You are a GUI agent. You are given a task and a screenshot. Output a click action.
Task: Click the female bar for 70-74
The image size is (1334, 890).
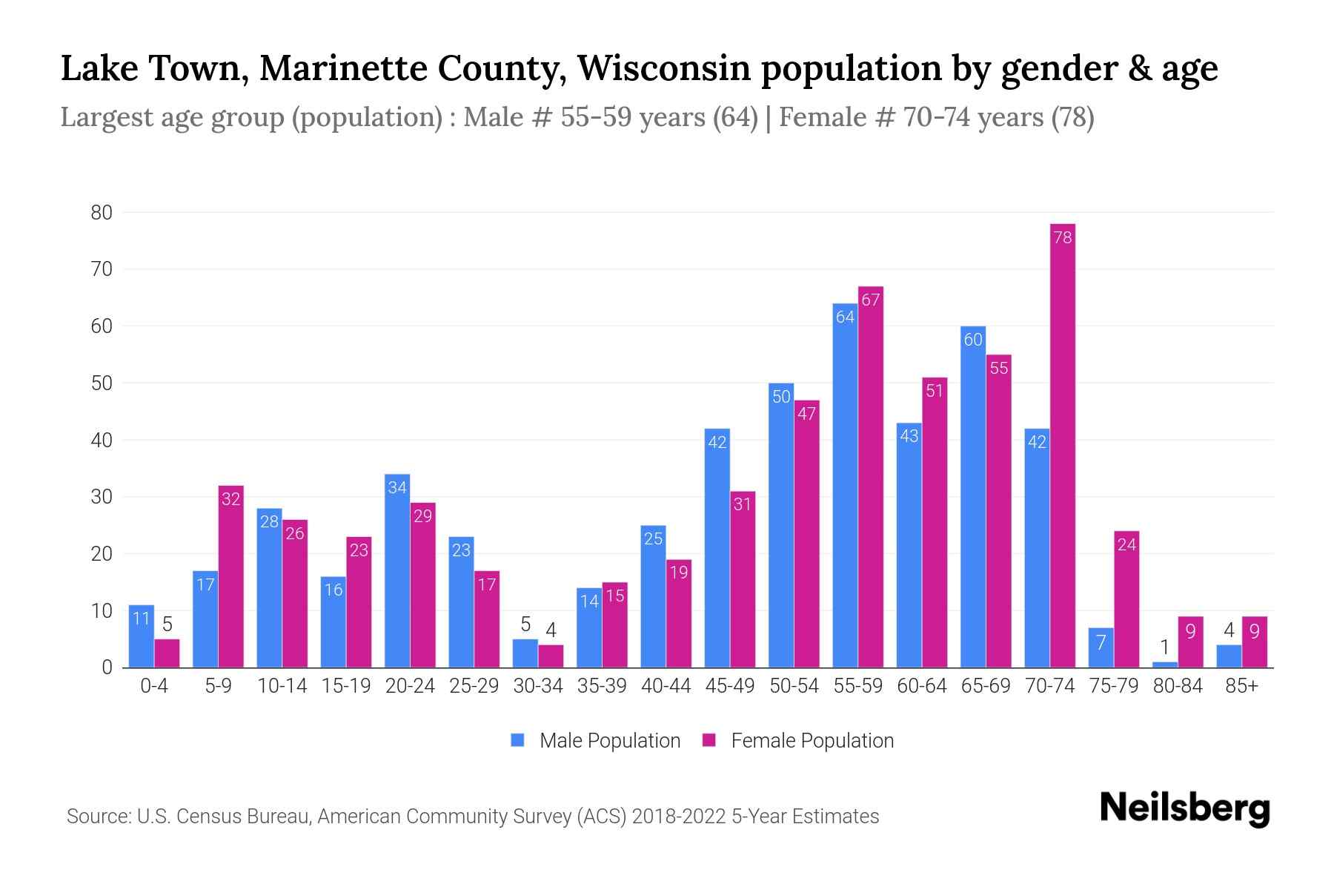(1062, 445)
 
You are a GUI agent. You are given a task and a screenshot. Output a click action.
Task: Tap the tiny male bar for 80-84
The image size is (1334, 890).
(1164, 665)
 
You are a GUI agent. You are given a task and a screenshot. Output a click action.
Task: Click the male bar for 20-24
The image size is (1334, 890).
(397, 571)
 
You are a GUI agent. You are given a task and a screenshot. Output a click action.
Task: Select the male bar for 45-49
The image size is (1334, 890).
(717, 549)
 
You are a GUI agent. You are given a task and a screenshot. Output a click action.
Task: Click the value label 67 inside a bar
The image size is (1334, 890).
(871, 300)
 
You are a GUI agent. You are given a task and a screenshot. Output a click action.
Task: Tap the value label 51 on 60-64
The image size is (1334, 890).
(935, 390)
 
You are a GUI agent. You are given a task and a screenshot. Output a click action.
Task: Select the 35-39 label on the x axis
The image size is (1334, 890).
(602, 686)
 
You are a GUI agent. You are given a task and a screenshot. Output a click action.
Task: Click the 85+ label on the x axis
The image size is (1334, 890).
(1241, 686)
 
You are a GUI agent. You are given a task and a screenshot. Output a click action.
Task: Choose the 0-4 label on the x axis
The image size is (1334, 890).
(154, 686)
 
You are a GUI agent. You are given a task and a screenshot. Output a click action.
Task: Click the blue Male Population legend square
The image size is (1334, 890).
(517, 740)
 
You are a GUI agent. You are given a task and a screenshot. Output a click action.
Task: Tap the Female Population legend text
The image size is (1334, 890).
(812, 740)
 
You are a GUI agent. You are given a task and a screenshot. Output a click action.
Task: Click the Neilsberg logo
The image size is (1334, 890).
(1184, 808)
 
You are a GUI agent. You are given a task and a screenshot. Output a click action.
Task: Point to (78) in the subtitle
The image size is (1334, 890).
(1072, 117)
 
